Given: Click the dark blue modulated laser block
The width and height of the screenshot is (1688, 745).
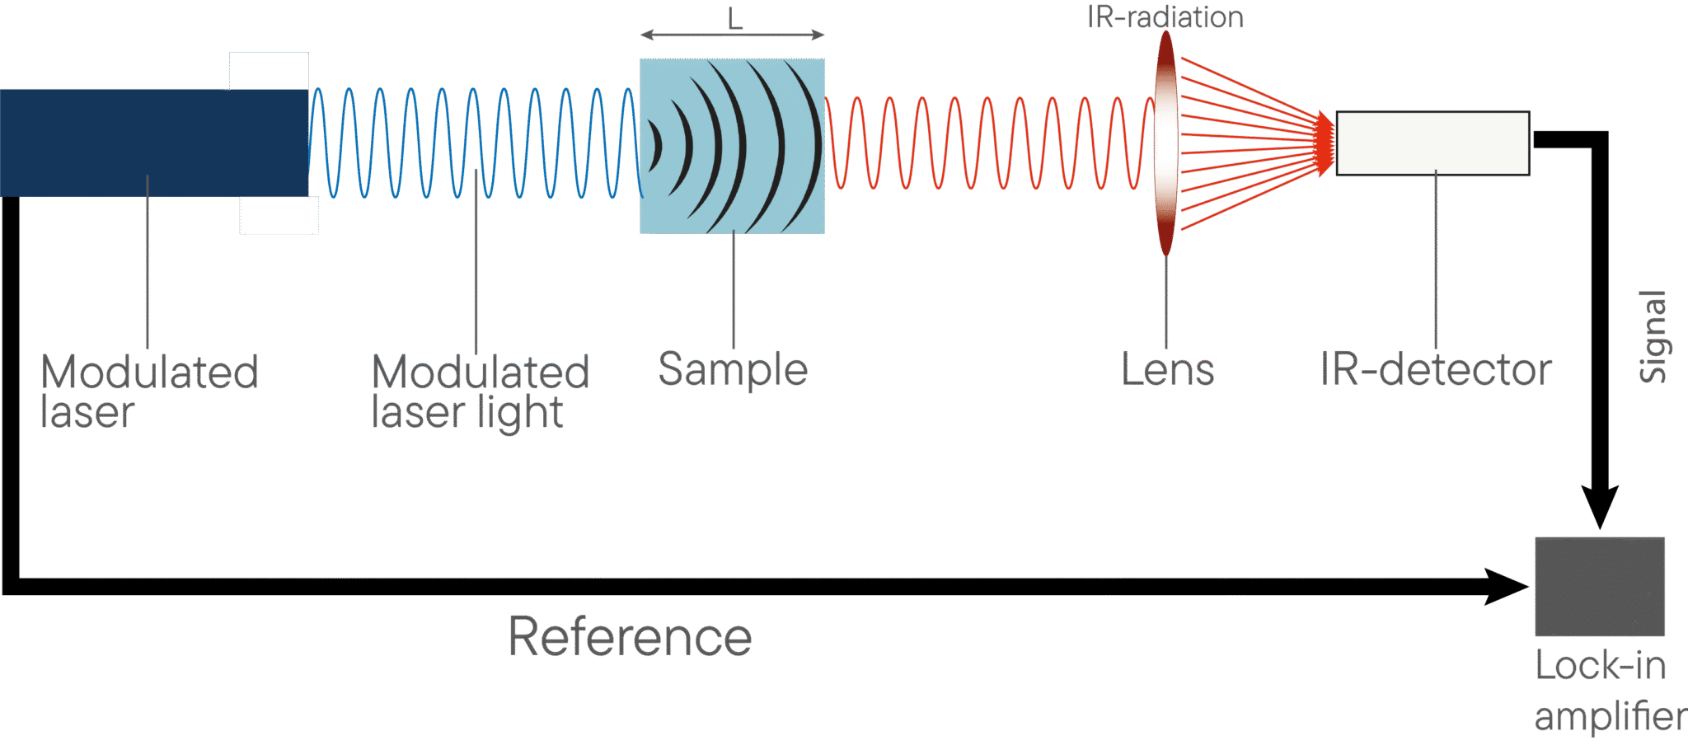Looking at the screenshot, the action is point(154,143).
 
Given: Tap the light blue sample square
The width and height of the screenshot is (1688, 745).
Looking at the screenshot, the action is point(733,146).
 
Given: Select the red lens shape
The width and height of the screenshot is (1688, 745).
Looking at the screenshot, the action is point(1165,143).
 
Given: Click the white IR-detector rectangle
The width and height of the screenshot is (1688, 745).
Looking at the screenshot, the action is point(1432,143).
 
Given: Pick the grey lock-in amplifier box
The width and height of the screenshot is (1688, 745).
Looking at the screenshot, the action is point(1600,586).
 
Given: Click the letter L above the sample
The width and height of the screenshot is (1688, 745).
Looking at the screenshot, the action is point(734,18).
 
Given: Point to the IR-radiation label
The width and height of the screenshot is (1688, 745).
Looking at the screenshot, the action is point(1165,17).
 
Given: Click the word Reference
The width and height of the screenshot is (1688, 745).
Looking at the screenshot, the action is point(630,636).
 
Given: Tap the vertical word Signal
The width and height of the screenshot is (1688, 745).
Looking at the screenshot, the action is point(1653,336).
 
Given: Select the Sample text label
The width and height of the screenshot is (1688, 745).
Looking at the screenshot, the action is point(733,370).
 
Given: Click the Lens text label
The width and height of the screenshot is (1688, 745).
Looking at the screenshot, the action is point(1167,369).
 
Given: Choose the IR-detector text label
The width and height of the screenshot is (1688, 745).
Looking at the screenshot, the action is point(1436,369).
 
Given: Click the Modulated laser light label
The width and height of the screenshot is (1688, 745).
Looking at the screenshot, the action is point(481,392).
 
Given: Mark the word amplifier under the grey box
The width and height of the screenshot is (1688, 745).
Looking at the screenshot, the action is point(1611,715).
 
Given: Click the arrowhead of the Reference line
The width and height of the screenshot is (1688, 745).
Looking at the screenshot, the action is point(1506,587).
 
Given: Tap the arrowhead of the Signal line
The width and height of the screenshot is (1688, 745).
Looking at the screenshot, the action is point(1599,506).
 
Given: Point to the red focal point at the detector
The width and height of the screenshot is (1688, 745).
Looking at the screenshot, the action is point(1325,143).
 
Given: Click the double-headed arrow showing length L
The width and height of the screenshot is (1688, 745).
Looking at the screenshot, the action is point(733,35).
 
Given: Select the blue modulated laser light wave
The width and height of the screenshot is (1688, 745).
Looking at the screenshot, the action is point(476,143).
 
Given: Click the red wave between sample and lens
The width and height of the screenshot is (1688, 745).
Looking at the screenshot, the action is point(989,143).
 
